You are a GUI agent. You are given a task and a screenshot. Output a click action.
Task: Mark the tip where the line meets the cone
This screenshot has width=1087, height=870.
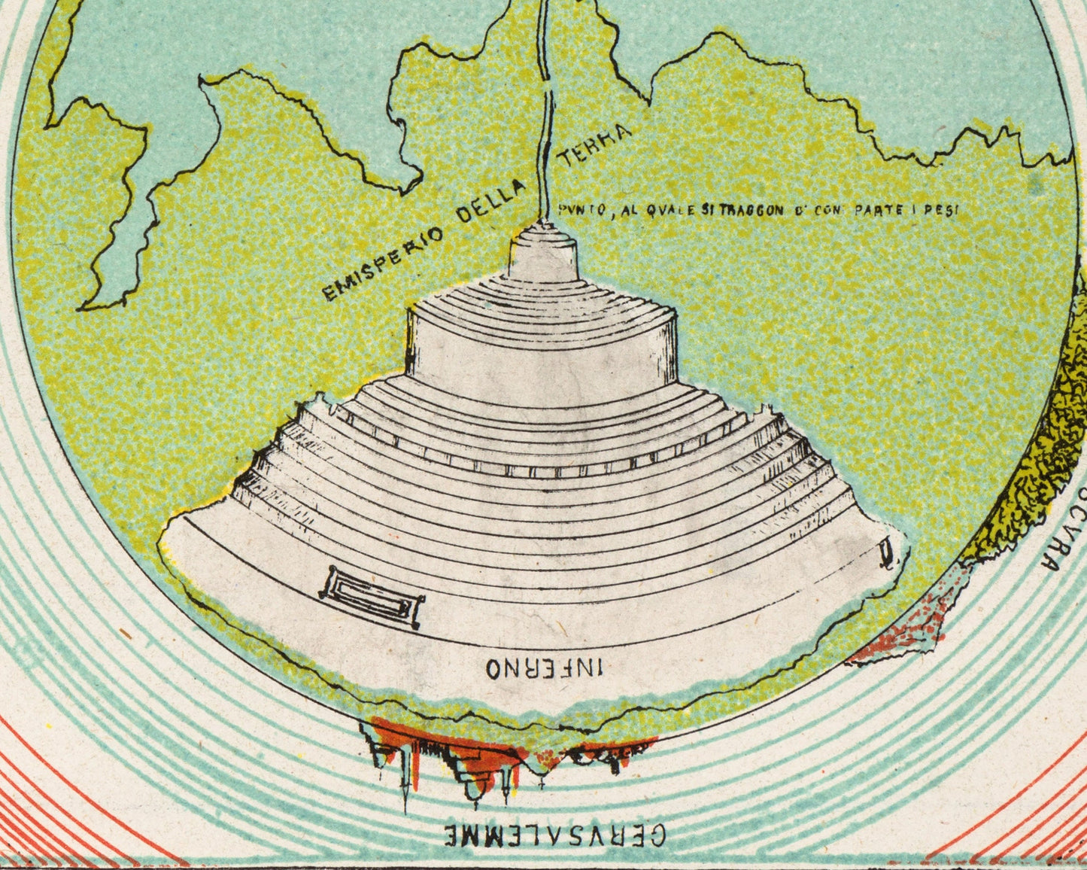point(542,221)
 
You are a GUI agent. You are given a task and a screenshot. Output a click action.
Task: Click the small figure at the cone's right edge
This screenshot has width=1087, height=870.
point(888,555)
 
